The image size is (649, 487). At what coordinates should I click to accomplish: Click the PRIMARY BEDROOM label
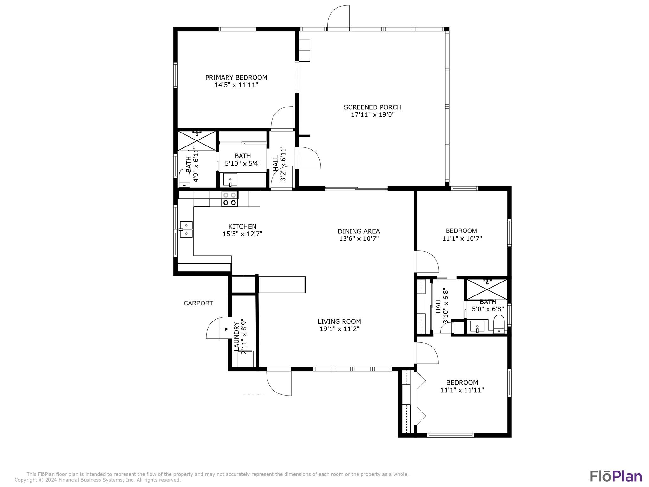[x=236, y=77]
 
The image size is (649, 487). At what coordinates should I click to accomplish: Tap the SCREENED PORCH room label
[x=373, y=107]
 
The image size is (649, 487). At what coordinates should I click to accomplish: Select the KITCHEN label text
[x=242, y=226]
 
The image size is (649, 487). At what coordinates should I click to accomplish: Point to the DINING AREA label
[x=359, y=231]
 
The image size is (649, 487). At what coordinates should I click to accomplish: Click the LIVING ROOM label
[x=339, y=321]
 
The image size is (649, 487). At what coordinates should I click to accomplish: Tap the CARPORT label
[x=198, y=303]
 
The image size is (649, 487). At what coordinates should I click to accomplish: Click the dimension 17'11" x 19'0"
[x=373, y=115]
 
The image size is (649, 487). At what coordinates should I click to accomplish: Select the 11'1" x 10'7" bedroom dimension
[x=462, y=238]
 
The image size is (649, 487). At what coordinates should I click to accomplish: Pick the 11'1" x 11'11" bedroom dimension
[x=462, y=390]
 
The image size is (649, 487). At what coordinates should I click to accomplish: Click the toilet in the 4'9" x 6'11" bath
[x=184, y=178]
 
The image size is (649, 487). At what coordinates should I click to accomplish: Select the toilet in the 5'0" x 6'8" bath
[x=499, y=324]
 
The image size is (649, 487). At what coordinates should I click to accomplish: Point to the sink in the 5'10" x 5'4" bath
[x=230, y=180]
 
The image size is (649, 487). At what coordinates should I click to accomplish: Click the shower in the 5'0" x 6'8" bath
[x=487, y=289]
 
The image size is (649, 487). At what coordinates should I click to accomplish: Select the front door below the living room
[x=279, y=383]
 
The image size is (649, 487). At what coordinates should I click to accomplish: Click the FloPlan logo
[x=616, y=476]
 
